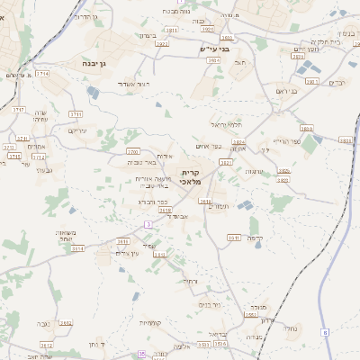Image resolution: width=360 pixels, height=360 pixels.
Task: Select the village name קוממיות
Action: (149, 322)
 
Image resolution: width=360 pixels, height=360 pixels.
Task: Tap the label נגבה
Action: (43, 323)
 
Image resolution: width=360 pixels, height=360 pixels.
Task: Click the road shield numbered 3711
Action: (76, 115)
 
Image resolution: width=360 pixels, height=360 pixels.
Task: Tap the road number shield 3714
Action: (42, 75)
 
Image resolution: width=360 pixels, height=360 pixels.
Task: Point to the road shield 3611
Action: (234, 238)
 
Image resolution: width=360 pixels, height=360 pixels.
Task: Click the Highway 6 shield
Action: (325, 332)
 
